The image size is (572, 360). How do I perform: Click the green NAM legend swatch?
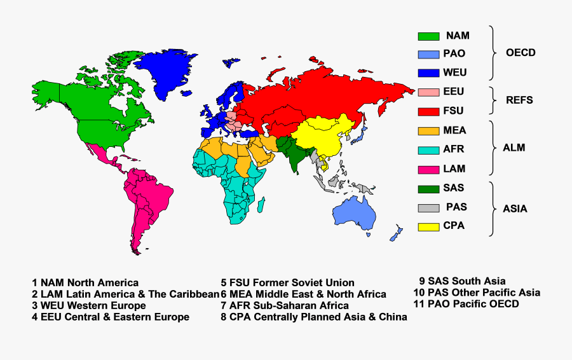[x=428, y=36]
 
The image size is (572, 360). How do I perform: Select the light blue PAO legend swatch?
[x=428, y=55]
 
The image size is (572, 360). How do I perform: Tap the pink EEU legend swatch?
[x=428, y=92]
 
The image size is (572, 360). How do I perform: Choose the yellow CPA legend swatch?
[x=428, y=226]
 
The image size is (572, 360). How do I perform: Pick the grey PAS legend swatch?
[x=428, y=207]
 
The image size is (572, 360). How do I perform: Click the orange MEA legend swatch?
[x=428, y=131]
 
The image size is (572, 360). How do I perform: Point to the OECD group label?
[x=520, y=53]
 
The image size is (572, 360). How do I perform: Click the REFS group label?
[x=519, y=100]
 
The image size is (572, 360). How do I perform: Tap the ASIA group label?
[x=514, y=209]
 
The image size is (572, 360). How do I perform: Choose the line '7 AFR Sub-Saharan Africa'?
[x=285, y=305]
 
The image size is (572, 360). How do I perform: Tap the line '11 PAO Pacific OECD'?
[x=465, y=304]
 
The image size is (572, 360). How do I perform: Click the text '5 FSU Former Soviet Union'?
[x=287, y=282]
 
